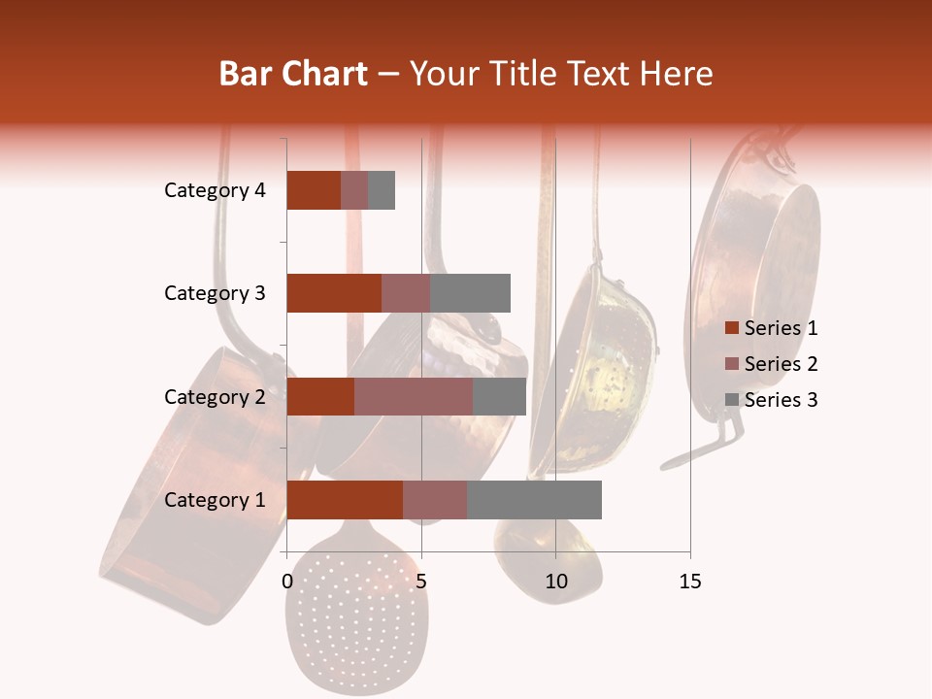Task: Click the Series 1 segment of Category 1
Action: point(345,500)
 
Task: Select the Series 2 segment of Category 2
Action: point(414,396)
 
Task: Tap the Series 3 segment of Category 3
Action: point(470,293)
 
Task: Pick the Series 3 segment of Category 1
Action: point(534,500)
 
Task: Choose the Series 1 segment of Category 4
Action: point(314,190)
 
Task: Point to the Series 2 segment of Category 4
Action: point(354,190)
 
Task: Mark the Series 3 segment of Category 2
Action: point(499,396)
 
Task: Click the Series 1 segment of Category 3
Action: point(334,293)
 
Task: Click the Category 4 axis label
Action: point(215,190)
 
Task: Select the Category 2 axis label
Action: point(215,396)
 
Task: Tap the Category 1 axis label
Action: point(215,500)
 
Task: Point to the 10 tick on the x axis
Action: point(555,582)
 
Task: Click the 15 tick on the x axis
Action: point(689,582)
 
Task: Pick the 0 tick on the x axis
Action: point(287,582)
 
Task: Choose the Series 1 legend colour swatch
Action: point(731,328)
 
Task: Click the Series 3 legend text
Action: point(781,400)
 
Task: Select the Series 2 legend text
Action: point(781,364)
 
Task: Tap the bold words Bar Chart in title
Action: point(293,74)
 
